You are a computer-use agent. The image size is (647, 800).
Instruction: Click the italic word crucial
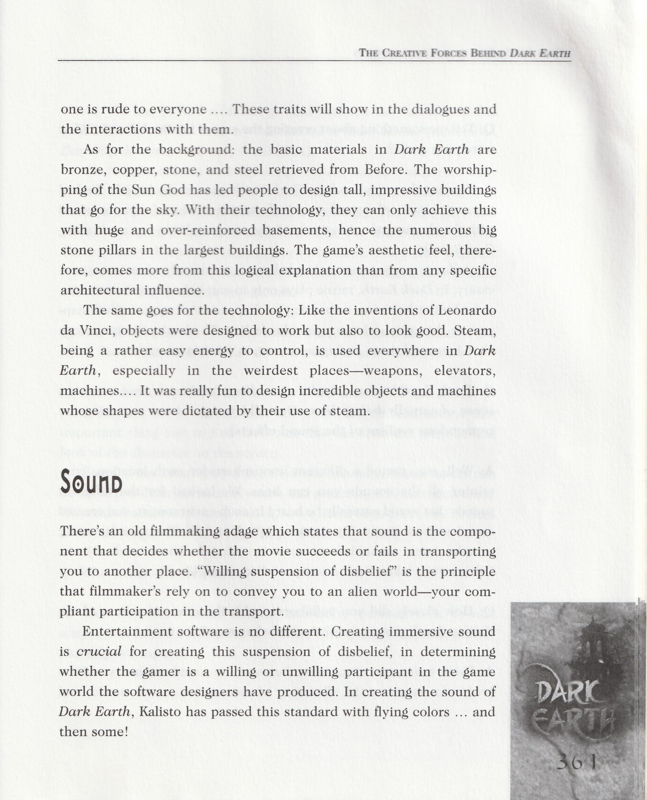pos(99,651)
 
